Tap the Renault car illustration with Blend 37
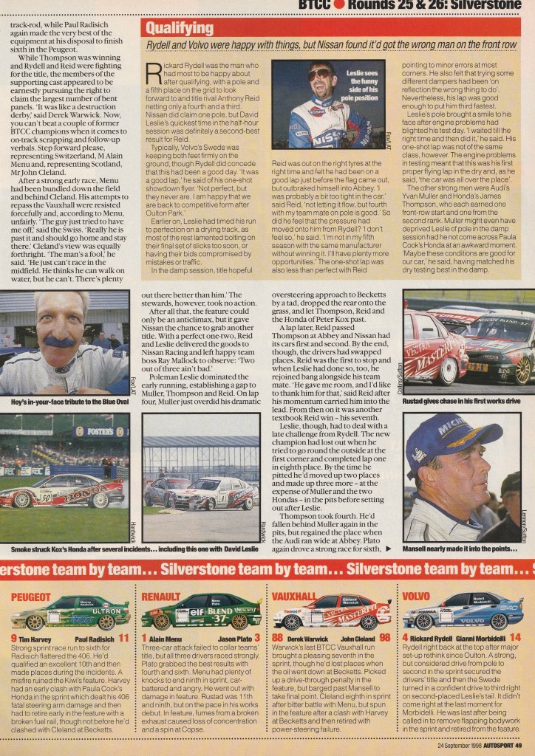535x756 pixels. tap(201, 613)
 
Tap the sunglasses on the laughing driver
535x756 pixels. tap(320, 75)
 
